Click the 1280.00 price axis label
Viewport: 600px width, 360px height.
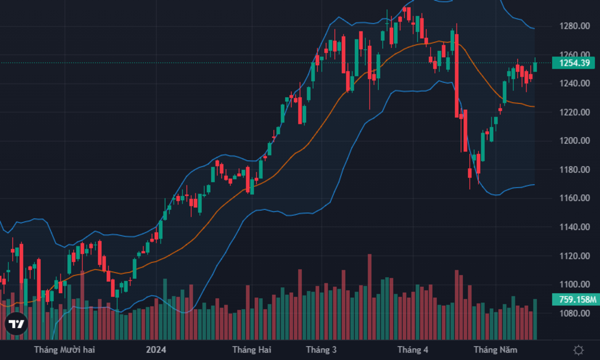[574, 26]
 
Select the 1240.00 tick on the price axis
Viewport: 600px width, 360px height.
[574, 83]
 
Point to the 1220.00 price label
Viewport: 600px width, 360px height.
[574, 112]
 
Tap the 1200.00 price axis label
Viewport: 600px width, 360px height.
[574, 141]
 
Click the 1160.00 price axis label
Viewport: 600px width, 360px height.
[574, 198]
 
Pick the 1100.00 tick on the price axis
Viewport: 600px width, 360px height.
[574, 284]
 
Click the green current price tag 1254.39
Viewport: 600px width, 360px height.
[573, 63]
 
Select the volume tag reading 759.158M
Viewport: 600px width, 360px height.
[575, 299]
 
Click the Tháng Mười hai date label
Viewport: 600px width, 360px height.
[64, 350]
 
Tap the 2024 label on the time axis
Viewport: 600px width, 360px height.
[156, 350]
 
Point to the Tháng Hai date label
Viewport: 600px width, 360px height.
[252, 350]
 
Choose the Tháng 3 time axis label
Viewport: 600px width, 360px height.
[321, 350]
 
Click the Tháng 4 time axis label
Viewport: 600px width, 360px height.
[413, 350]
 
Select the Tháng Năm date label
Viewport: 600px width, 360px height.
[495, 350]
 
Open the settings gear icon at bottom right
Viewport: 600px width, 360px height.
[578, 350]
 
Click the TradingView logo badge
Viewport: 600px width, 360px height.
[16, 324]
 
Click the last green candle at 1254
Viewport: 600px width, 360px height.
[535, 66]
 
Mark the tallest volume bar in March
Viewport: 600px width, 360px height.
[370, 297]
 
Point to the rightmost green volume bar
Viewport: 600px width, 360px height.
[535, 319]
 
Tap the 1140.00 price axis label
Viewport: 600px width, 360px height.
[574, 227]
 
